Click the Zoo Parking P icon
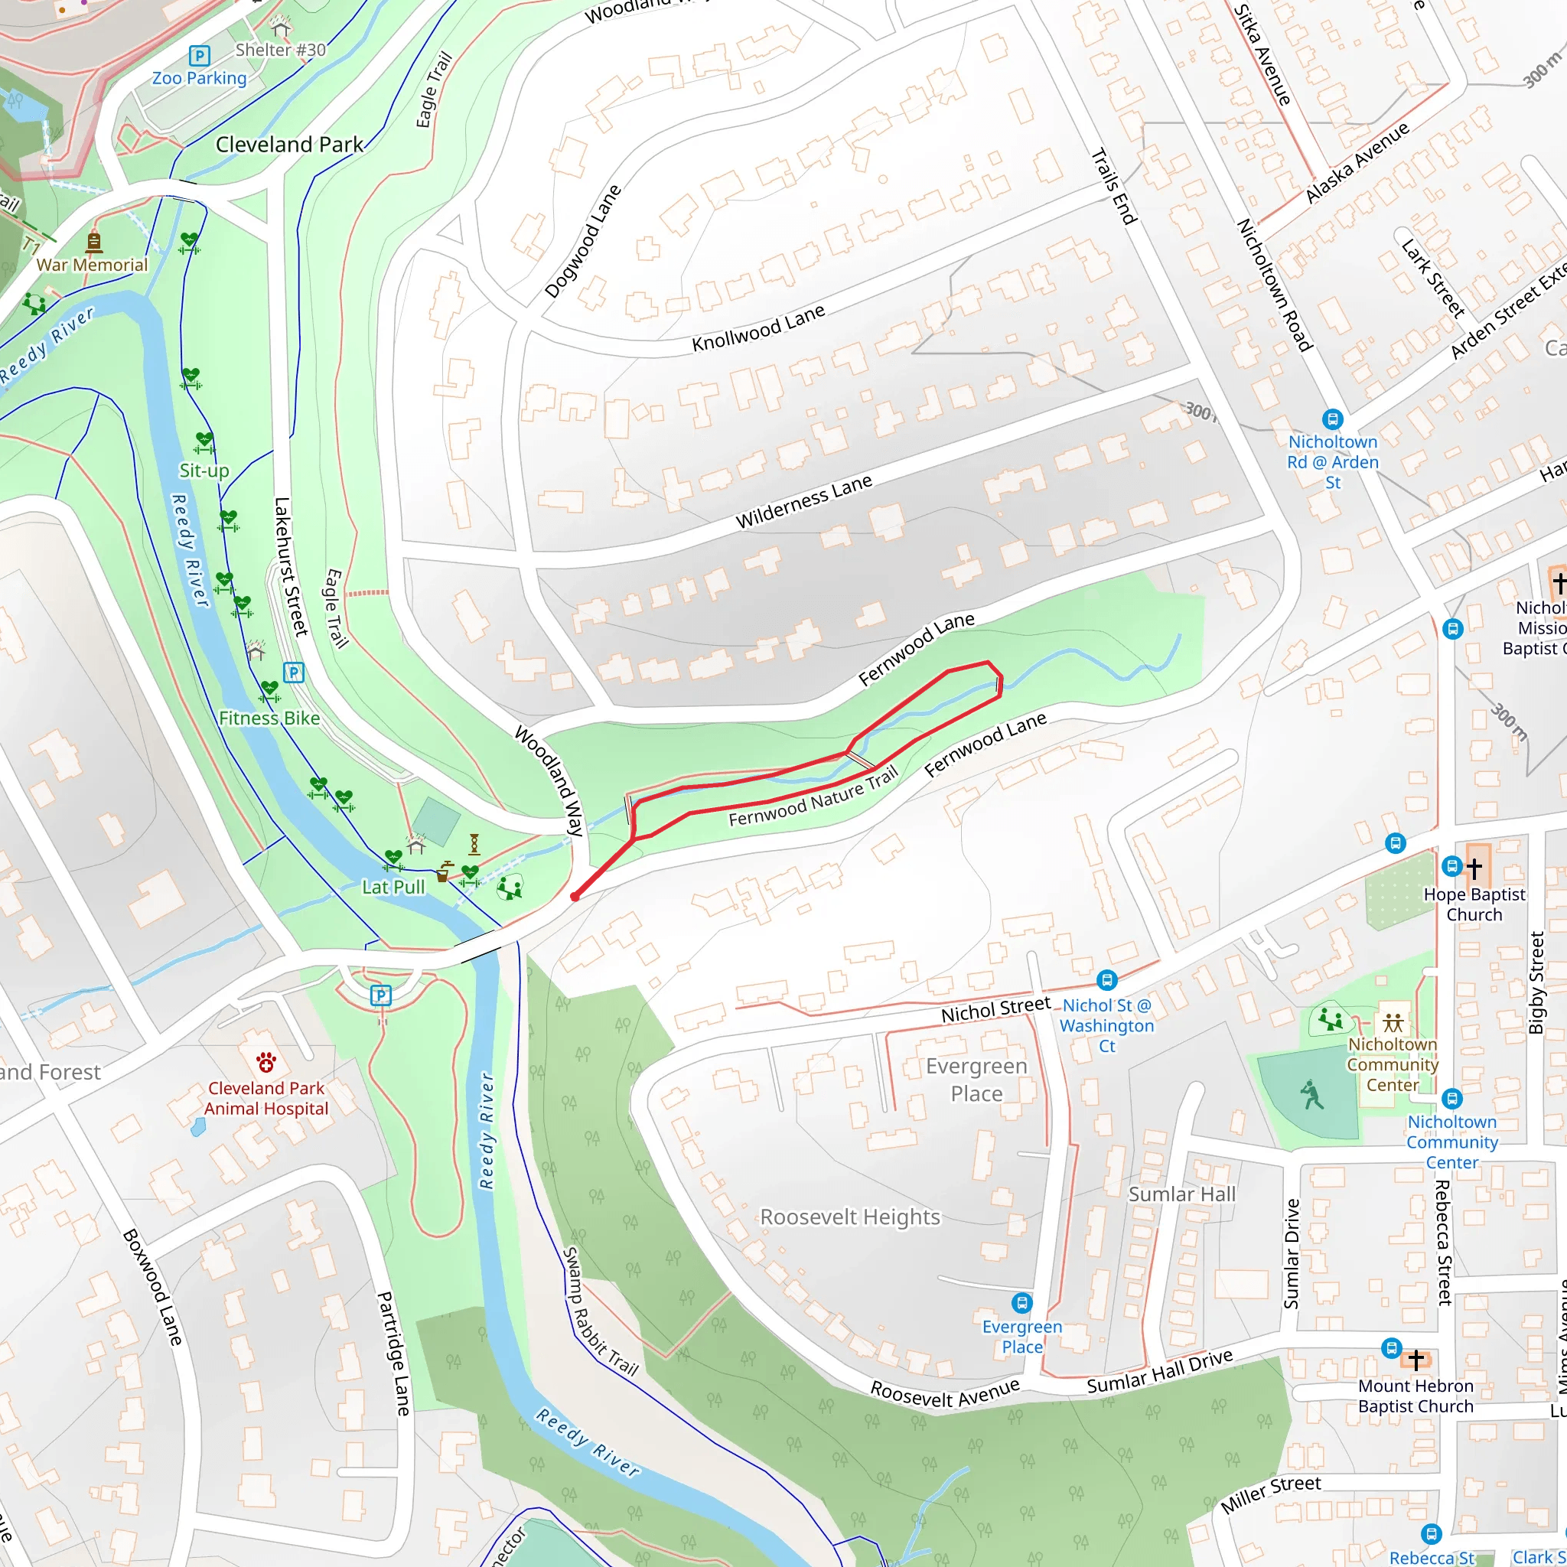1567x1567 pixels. tap(199, 56)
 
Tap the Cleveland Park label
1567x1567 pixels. tap(289, 145)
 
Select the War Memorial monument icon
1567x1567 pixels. tap(94, 241)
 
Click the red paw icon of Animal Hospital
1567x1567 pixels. tap(266, 1062)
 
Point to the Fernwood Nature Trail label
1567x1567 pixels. tap(813, 799)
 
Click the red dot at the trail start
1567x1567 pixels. tap(575, 896)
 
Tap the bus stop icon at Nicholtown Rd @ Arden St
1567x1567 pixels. tap(1333, 419)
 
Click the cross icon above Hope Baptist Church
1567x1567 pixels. tap(1474, 867)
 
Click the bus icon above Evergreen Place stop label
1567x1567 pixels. tap(1022, 1302)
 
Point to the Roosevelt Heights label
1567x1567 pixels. tap(849, 1217)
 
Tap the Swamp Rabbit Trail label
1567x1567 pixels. tap(601, 1311)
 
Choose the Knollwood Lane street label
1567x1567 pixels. tap(757, 327)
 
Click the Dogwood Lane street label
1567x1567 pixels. tap(582, 242)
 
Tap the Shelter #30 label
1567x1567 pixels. tap(281, 50)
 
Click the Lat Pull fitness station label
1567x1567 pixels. tap(393, 887)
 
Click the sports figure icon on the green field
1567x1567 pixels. tap(1311, 1094)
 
